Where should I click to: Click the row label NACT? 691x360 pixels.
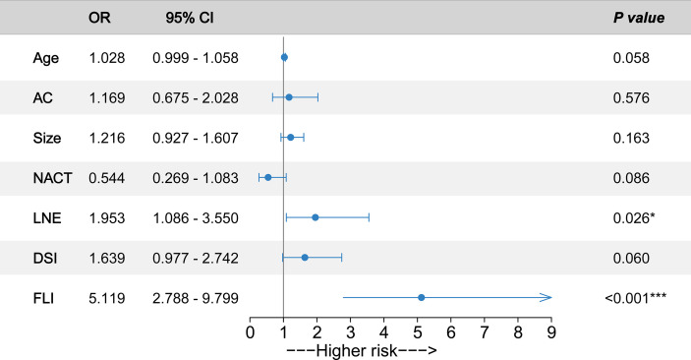click(51, 178)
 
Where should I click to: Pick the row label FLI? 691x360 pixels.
click(45, 297)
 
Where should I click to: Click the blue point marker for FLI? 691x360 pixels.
click(421, 297)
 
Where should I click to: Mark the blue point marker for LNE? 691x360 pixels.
click(316, 217)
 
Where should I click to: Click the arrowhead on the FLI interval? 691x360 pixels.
click(547, 297)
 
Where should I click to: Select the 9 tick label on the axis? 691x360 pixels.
click(551, 332)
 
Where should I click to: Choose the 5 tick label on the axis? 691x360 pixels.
click(418, 332)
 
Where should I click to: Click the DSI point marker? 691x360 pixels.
click(305, 258)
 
